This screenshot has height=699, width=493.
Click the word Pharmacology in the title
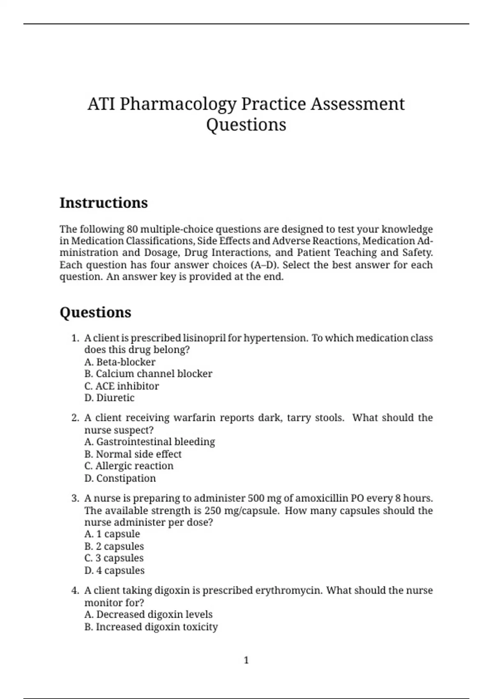pyautogui.click(x=178, y=104)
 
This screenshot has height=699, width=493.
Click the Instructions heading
pyautogui.click(x=104, y=203)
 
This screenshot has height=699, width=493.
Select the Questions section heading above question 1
pyautogui.click(x=95, y=312)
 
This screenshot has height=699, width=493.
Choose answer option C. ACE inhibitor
pyautogui.click(x=122, y=386)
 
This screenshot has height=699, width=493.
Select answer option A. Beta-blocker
pyautogui.click(x=120, y=362)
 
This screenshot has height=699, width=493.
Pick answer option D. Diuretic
pyautogui.click(x=109, y=398)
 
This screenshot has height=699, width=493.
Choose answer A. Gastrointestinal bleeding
pyautogui.click(x=150, y=442)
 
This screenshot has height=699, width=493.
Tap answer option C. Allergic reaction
pyautogui.click(x=129, y=466)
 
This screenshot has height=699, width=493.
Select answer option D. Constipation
pyautogui.click(x=120, y=478)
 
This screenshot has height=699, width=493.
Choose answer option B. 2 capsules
pyautogui.click(x=114, y=546)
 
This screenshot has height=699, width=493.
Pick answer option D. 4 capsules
pyautogui.click(x=114, y=571)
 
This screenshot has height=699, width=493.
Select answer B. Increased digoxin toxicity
pyautogui.click(x=151, y=627)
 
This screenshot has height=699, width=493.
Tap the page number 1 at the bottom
pyautogui.click(x=246, y=660)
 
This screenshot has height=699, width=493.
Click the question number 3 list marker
pyautogui.click(x=75, y=498)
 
